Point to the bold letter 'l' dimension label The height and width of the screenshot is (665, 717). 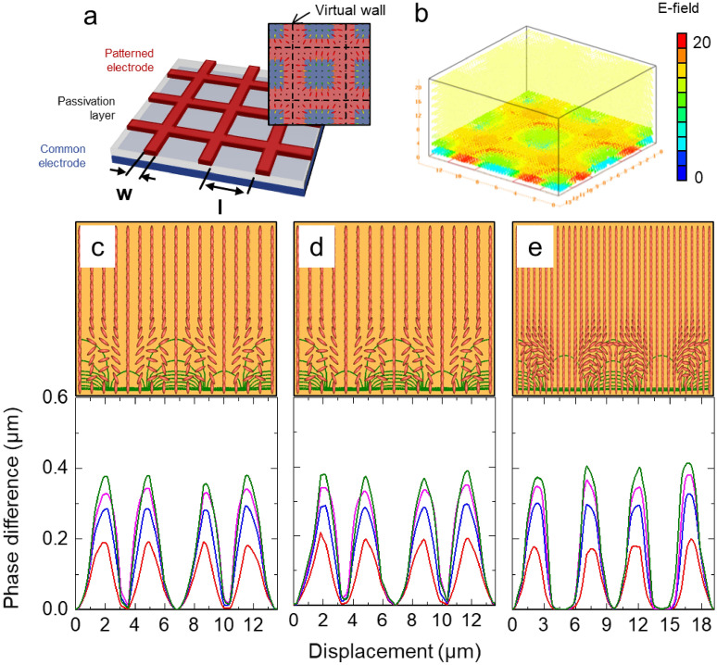220,206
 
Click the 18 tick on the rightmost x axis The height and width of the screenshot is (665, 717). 688,621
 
